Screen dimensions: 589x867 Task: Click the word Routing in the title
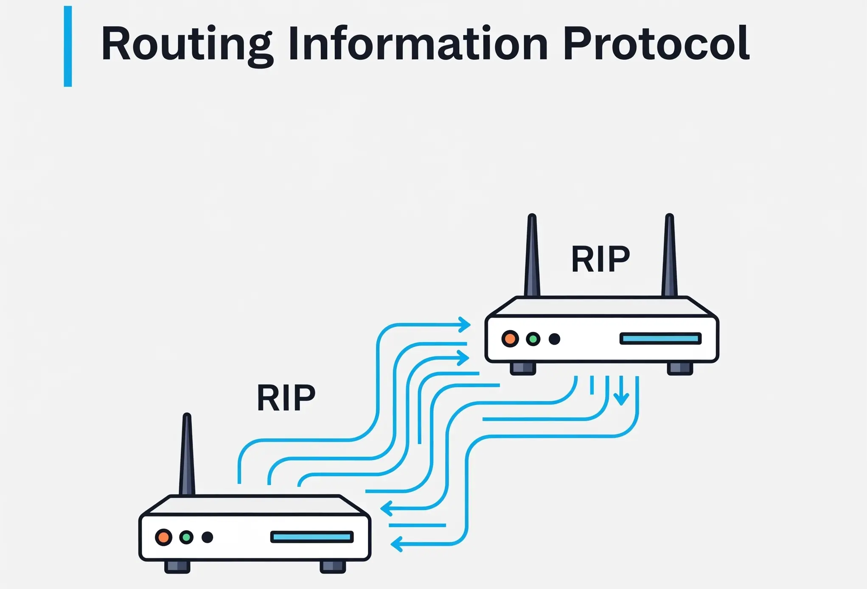(186, 44)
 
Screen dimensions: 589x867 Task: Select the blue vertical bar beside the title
(68, 46)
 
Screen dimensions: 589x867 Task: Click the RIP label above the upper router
(600, 259)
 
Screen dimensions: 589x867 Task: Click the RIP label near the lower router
(286, 398)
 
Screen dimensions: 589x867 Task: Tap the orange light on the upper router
(510, 339)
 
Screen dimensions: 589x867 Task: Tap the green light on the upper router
(533, 339)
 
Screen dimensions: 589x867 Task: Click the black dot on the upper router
(554, 339)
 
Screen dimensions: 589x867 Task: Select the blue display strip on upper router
(660, 338)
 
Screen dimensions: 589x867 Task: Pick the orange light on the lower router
(163, 537)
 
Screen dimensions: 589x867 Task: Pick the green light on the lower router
(186, 537)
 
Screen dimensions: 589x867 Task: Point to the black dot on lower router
(207, 537)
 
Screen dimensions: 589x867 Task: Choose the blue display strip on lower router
(312, 537)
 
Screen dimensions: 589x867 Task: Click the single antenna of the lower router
(187, 456)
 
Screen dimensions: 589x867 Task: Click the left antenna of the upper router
(532, 257)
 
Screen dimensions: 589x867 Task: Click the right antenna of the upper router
(669, 257)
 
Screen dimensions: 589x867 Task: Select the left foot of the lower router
(177, 567)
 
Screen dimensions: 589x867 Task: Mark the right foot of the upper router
(680, 368)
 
